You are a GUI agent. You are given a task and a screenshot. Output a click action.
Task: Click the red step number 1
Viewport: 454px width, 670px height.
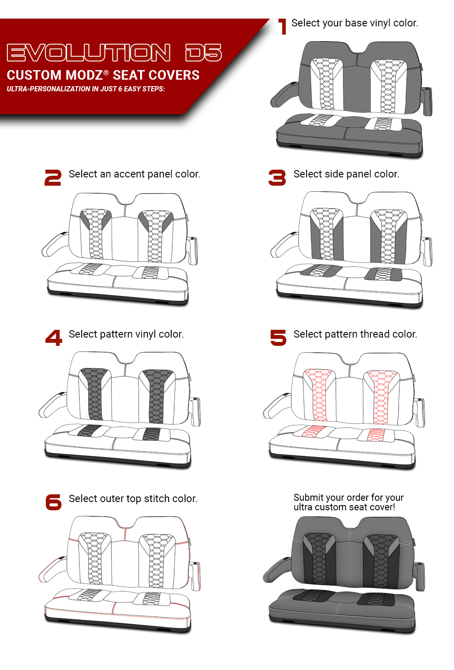tap(282, 26)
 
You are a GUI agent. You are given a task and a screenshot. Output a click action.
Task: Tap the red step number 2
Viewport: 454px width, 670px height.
tap(53, 177)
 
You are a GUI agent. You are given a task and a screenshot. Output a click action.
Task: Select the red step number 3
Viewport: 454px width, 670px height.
tap(277, 177)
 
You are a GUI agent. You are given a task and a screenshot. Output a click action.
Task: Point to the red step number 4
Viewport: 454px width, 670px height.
tap(54, 338)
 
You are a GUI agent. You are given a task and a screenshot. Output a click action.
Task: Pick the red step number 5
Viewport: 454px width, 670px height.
tap(278, 338)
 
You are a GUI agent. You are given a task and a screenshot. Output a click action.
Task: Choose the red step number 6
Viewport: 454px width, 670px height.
tap(54, 502)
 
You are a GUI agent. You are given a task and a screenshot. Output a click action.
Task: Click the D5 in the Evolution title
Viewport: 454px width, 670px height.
tap(204, 53)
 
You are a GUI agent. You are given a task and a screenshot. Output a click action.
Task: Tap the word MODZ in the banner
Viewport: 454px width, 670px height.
tap(84, 75)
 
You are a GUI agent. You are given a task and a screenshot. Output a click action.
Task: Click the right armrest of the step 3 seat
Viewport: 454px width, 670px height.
tap(427, 251)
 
